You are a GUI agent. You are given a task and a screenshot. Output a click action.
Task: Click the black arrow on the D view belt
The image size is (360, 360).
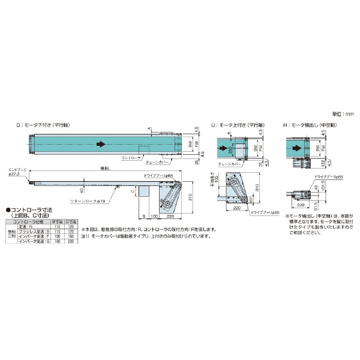[101, 145]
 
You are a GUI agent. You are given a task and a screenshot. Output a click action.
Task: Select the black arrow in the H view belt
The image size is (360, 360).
[296, 145]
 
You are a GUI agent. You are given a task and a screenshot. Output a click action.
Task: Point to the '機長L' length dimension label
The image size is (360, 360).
[105, 169]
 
